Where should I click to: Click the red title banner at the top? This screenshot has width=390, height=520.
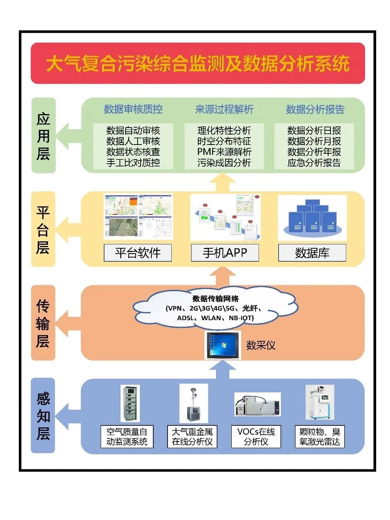[197, 63]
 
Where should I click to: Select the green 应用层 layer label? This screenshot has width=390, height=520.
[43, 136]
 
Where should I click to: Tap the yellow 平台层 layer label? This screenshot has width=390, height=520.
[43, 229]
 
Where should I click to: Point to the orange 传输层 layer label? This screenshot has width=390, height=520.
[43, 323]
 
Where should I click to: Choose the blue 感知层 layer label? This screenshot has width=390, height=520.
[43, 415]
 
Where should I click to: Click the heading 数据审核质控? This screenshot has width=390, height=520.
[133, 109]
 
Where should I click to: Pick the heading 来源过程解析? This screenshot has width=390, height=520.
[224, 109]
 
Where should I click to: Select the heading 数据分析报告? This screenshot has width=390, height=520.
[315, 109]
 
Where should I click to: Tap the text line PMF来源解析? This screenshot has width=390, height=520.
[224, 152]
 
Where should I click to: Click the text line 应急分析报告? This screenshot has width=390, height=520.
[314, 163]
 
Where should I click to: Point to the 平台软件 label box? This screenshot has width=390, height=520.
[138, 253]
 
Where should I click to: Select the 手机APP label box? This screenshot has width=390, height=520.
[225, 253]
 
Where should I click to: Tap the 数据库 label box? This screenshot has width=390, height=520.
[312, 253]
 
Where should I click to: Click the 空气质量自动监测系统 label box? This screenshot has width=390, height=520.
[127, 437]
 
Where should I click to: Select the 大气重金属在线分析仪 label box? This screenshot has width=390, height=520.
[192, 437]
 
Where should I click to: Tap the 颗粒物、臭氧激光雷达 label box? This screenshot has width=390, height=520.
[320, 437]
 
